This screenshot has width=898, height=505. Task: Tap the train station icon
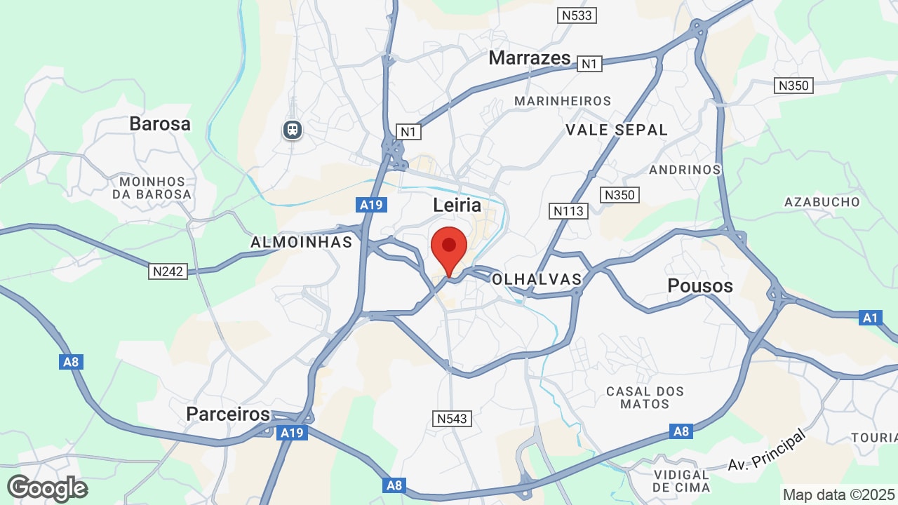coord(293,129)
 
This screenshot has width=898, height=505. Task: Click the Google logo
coord(48,488)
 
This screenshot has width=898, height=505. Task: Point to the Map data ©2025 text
coord(838,494)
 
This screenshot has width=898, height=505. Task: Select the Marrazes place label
coord(530,58)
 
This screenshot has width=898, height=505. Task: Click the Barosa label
coord(160,124)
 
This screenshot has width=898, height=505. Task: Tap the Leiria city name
coord(457,206)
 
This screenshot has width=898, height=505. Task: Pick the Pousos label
coord(700,285)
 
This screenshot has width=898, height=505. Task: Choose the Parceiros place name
coord(228,414)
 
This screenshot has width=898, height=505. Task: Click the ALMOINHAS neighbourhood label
coord(302,242)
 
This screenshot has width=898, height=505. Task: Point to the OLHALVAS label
coord(537,279)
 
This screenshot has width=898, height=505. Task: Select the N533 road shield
coord(577,15)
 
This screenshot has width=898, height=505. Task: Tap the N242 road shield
coord(168,271)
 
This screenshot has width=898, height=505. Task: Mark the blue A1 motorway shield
coord(870,318)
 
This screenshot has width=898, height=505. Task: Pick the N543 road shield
coord(453,419)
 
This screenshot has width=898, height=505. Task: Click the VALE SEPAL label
coord(617,130)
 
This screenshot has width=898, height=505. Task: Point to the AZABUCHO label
coord(822,202)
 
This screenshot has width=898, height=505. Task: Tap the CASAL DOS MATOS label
coord(645,398)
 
